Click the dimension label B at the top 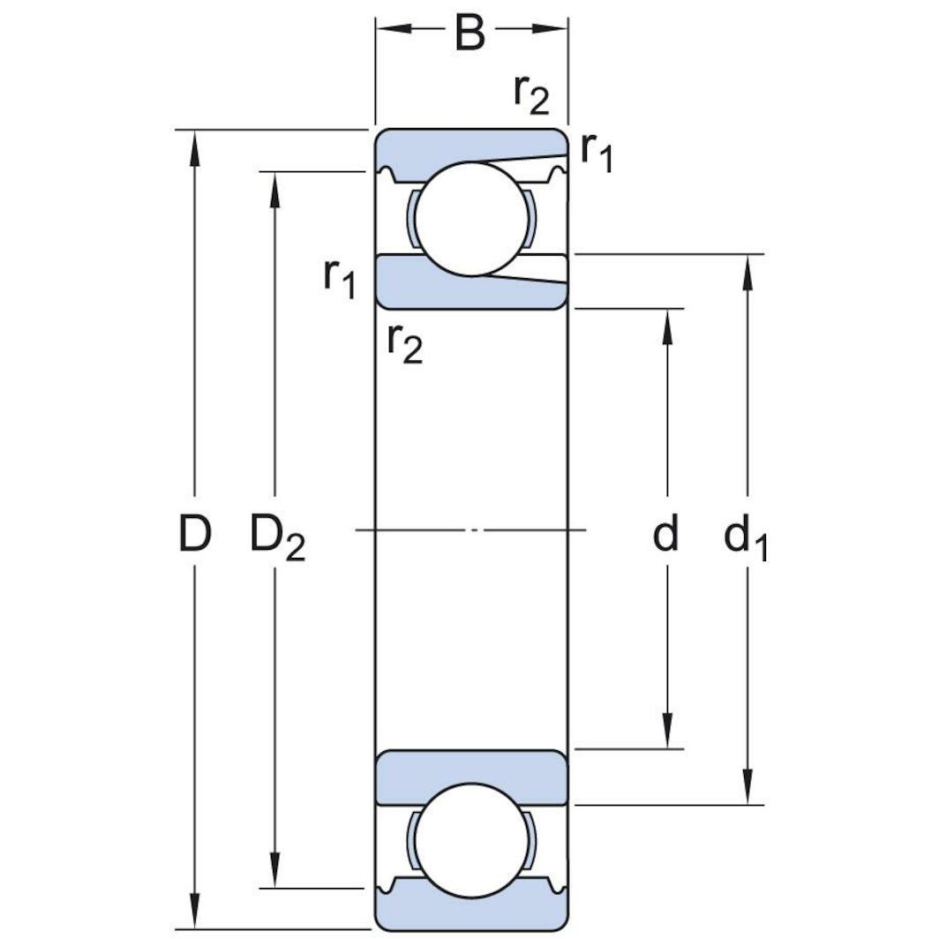[470, 34]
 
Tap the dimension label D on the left [195, 535]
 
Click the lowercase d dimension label [666, 535]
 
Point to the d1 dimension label [746, 538]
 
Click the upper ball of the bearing [471, 218]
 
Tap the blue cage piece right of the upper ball [529, 218]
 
